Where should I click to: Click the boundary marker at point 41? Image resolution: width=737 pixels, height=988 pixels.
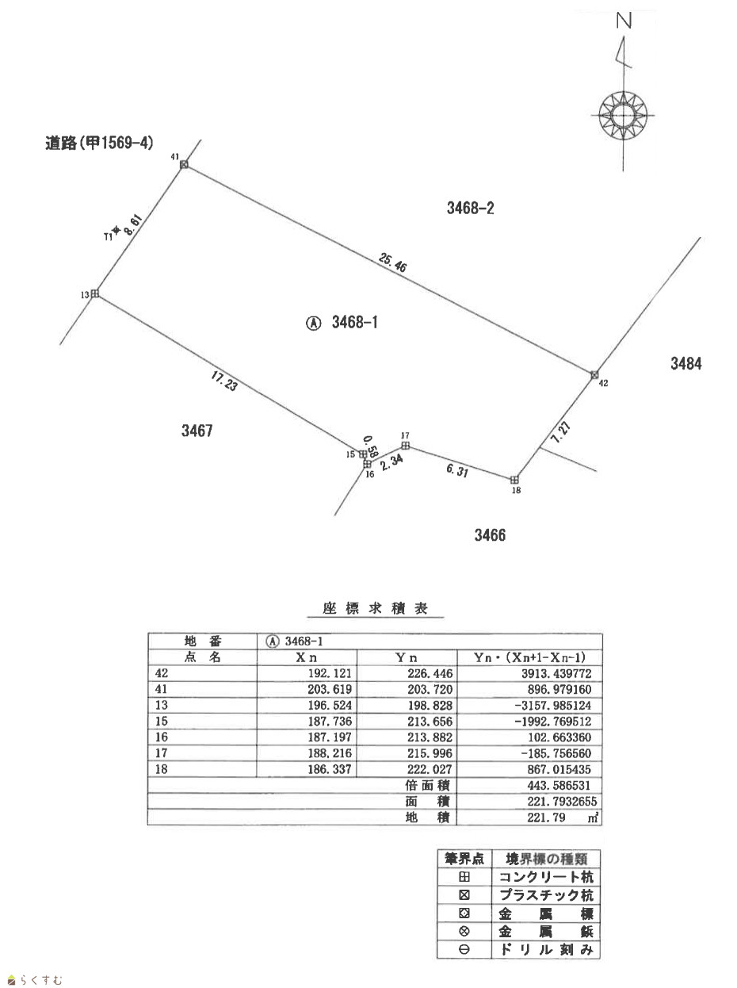[184, 164]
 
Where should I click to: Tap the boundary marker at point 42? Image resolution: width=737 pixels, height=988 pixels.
[594, 374]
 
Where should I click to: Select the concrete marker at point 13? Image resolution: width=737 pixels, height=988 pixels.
[94, 294]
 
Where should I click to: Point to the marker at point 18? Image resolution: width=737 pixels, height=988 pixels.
[514, 480]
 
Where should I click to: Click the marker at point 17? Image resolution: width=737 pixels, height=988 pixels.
[405, 445]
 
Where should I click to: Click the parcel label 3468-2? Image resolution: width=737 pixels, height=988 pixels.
[471, 209]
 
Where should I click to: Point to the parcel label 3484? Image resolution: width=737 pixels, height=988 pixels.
[686, 364]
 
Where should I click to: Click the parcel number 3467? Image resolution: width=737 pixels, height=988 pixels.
[197, 431]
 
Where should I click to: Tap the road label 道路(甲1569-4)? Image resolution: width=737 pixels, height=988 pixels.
[99, 143]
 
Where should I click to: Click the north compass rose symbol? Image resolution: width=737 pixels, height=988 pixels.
[623, 116]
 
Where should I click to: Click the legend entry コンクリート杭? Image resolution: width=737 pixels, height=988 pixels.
[547, 877]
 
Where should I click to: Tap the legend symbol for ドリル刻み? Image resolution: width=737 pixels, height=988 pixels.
[465, 949]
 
